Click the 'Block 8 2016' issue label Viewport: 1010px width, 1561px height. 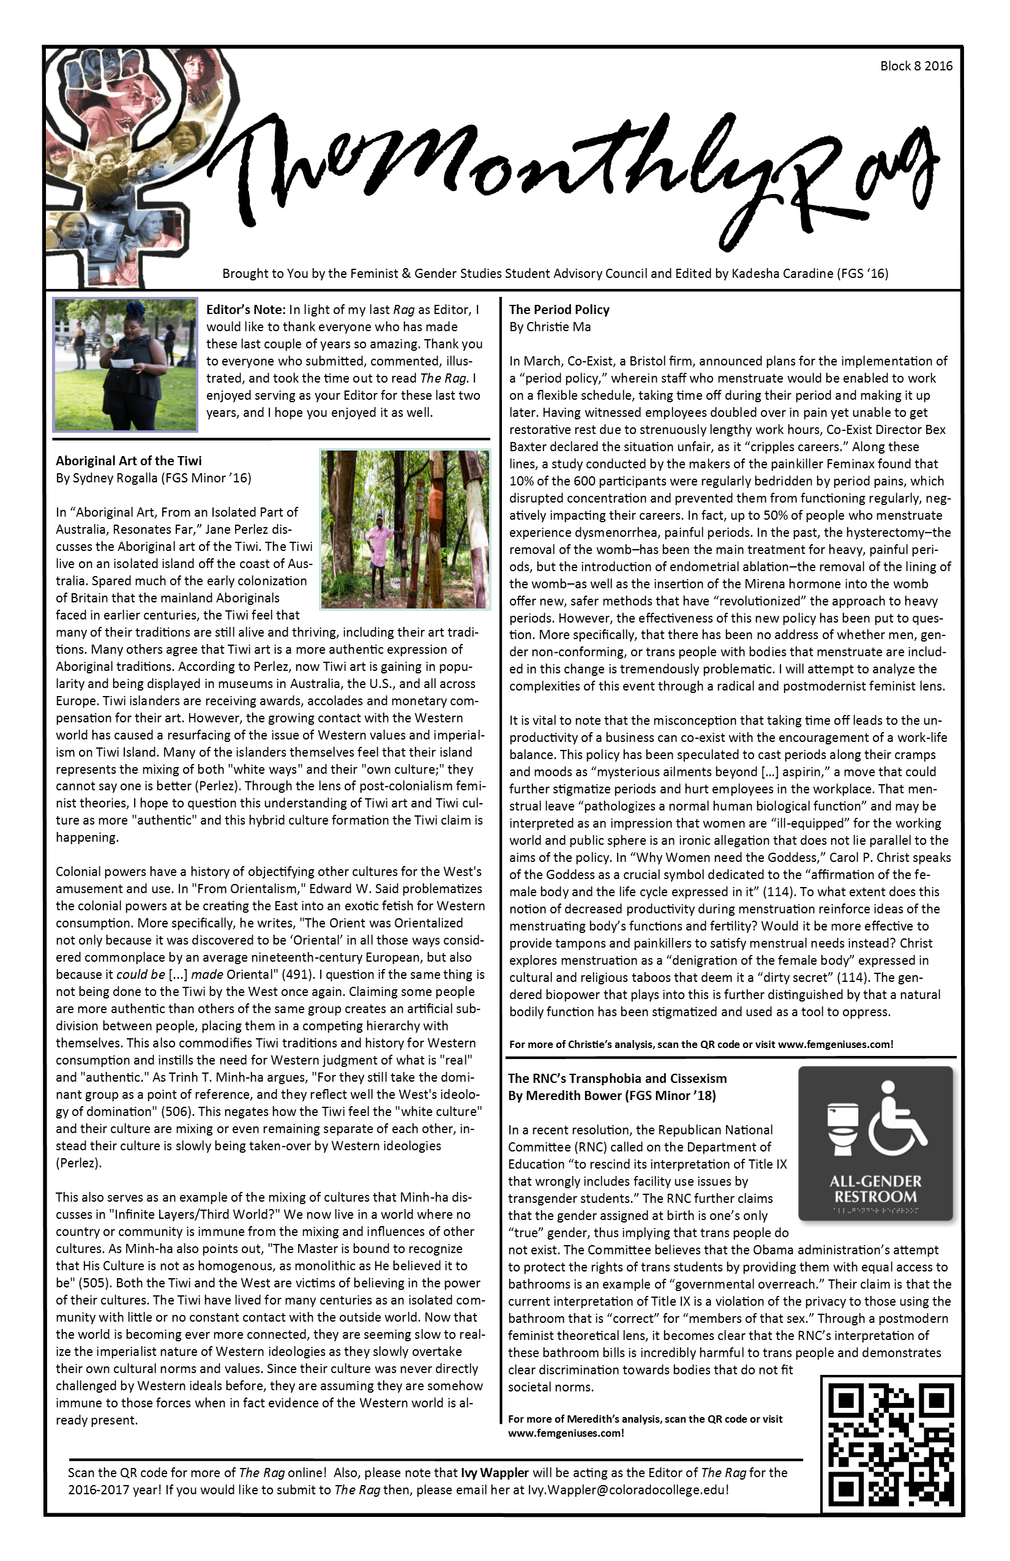point(916,66)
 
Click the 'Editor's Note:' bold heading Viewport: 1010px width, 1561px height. point(246,310)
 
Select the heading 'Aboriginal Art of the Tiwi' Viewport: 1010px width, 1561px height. point(129,460)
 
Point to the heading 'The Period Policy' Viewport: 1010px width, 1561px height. point(559,310)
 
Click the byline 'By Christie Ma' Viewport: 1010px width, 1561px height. point(550,327)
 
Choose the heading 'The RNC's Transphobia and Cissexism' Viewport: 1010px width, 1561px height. point(616,1078)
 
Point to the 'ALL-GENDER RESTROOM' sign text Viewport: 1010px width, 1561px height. point(875,1188)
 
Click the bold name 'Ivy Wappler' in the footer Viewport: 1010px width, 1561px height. point(495,1472)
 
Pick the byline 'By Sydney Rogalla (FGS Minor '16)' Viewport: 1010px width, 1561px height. point(154,477)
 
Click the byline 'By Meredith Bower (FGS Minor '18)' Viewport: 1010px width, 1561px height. point(612,1095)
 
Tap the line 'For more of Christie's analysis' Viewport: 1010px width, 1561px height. point(700,1044)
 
